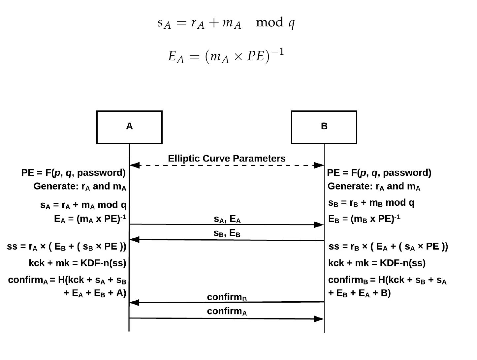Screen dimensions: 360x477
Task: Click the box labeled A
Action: tap(129, 127)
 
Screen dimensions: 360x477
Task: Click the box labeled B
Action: tap(324, 127)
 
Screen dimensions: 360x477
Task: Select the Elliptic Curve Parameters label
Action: tap(227, 159)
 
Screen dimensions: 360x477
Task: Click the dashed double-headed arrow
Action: tap(227, 165)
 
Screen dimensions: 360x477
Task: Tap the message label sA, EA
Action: tap(227, 219)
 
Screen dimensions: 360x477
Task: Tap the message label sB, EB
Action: tap(227, 233)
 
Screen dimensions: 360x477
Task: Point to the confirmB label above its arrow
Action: tap(227, 297)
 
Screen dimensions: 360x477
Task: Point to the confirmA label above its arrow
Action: tap(227, 311)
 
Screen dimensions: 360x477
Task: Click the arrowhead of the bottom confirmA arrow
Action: tap(319, 319)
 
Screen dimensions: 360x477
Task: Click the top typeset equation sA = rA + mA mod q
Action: tap(226, 23)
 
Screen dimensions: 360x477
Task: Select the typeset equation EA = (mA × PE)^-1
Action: tap(226, 56)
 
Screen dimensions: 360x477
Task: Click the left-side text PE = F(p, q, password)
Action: tap(73, 173)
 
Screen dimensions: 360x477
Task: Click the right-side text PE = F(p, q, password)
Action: tap(379, 173)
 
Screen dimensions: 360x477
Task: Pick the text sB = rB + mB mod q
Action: tap(371, 203)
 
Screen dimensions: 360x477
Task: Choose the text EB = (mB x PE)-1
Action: tap(364, 219)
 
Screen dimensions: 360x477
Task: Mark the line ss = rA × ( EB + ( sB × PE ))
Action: tap(67, 247)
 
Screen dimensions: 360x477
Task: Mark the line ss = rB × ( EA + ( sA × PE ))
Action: tap(388, 247)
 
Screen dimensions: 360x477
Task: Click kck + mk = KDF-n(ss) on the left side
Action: tap(77, 263)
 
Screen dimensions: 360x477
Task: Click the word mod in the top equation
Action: tap(270, 22)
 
